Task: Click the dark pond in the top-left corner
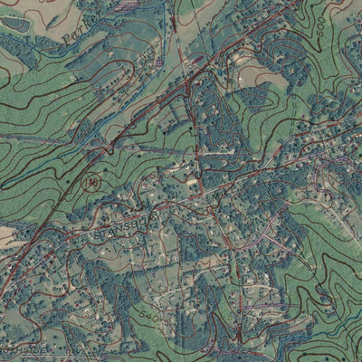11,7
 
